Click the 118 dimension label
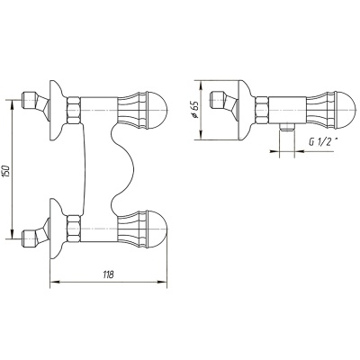(108, 274)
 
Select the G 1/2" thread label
(321, 142)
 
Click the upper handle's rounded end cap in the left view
(157, 110)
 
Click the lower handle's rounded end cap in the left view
(157, 229)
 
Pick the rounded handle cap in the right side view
(346, 110)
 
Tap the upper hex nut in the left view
(74, 110)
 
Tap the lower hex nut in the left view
(74, 229)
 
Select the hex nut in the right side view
(262, 110)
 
